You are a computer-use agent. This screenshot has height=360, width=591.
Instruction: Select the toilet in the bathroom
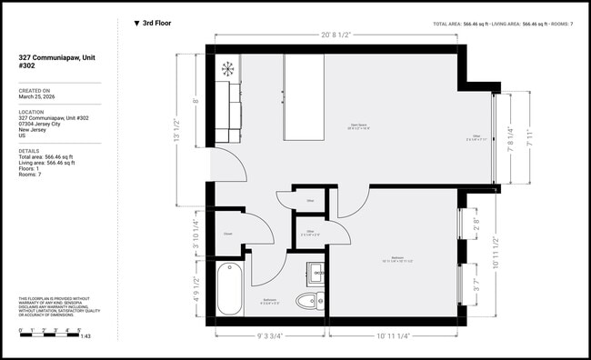pos(313,299)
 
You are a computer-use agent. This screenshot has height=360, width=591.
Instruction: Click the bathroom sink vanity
pos(316,272)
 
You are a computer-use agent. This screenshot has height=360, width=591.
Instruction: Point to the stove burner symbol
pos(227,68)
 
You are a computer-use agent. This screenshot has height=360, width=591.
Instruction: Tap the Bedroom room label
pos(397,258)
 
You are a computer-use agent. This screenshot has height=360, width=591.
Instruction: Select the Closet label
pos(228,234)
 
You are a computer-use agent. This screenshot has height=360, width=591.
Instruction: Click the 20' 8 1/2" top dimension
pos(336,34)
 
